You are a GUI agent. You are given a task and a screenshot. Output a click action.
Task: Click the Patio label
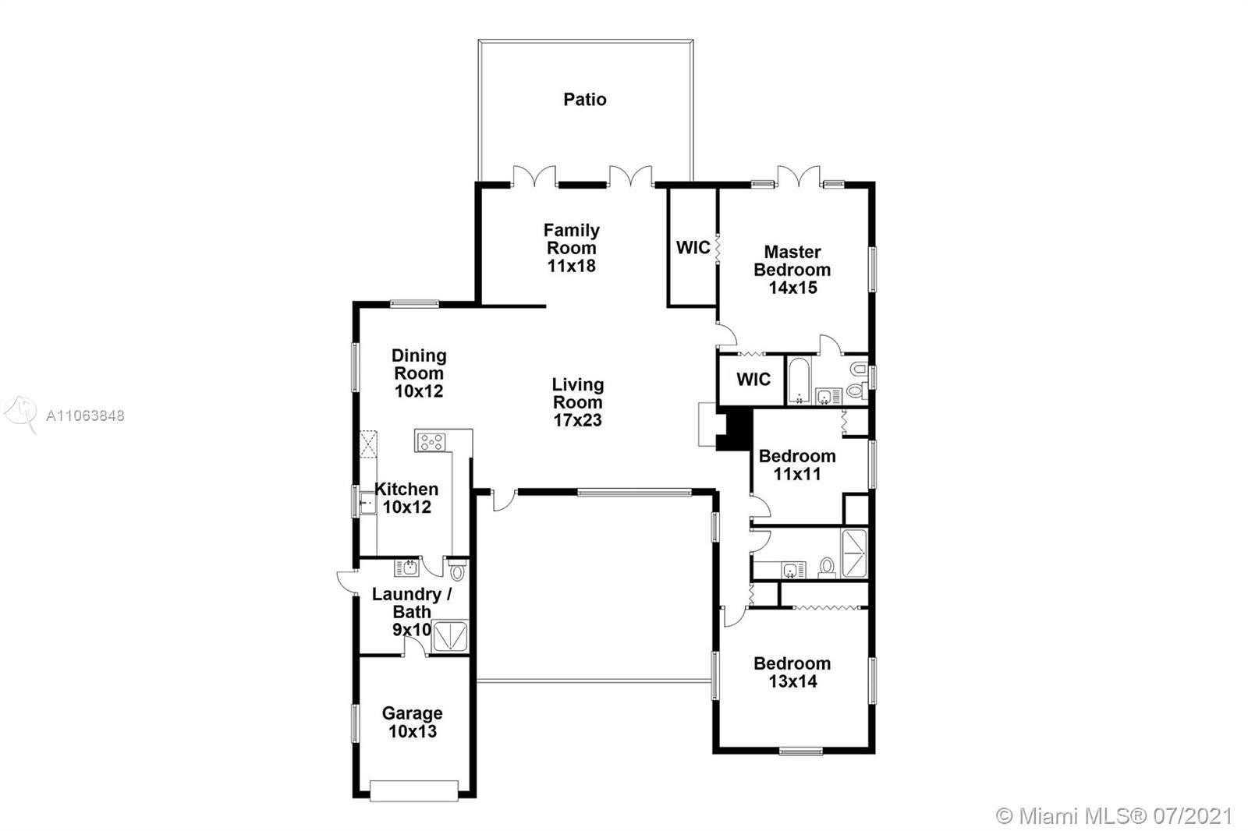coord(584,99)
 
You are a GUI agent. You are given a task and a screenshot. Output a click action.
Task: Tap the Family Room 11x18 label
coord(572,248)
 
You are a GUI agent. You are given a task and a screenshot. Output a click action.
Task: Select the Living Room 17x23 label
coord(578,402)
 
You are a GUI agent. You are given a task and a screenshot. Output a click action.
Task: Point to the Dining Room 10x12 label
coord(419,373)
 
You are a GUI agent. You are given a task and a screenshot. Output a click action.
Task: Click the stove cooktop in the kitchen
coord(431,442)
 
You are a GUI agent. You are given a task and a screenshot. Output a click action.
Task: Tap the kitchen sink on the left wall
coord(367,503)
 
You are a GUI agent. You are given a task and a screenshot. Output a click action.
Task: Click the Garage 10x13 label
coord(413,722)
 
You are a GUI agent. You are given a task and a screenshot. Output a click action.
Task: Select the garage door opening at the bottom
coord(414,791)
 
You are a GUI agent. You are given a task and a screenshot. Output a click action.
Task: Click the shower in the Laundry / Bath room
coord(450,635)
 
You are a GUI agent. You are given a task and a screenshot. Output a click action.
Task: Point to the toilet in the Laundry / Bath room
coord(457,568)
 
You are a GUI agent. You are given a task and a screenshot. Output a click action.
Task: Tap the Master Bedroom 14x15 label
coord(792,270)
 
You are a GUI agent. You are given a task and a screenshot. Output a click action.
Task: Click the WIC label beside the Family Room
coord(693,247)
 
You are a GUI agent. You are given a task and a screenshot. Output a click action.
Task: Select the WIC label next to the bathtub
coord(753,380)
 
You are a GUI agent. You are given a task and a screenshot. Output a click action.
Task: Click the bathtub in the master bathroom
coord(799,381)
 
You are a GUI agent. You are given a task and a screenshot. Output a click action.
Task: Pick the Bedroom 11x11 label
coord(797,465)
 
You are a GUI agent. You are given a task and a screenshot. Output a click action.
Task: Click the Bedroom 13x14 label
coord(792,672)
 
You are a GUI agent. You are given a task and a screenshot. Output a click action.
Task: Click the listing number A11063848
coord(85,416)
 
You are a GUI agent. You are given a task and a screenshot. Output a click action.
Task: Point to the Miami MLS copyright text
coord(1114,816)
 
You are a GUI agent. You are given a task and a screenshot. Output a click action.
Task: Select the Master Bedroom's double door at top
coord(799,176)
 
